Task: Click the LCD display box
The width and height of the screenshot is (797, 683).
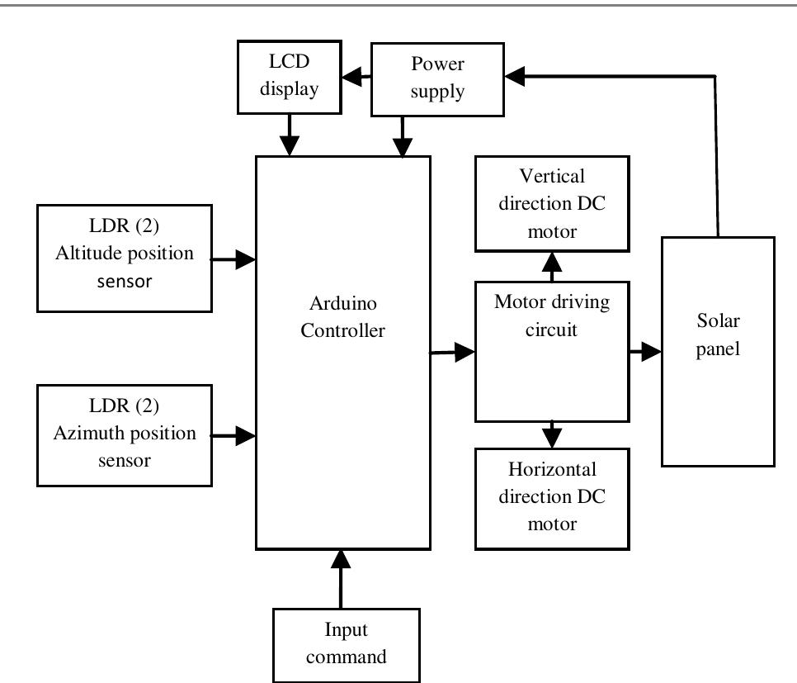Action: (290, 78)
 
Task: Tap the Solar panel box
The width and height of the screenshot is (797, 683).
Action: (718, 351)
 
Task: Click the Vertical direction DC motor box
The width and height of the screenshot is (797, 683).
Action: (552, 202)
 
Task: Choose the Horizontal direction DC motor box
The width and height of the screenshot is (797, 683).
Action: (552, 498)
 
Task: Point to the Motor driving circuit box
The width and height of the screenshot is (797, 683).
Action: (552, 351)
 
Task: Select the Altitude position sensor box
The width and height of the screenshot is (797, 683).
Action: (125, 258)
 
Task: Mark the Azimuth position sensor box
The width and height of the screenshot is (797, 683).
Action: (125, 435)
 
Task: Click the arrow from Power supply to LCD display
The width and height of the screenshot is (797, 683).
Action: (356, 78)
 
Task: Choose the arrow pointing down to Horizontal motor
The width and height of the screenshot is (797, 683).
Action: (552, 434)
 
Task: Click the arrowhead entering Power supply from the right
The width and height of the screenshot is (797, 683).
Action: (516, 76)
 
